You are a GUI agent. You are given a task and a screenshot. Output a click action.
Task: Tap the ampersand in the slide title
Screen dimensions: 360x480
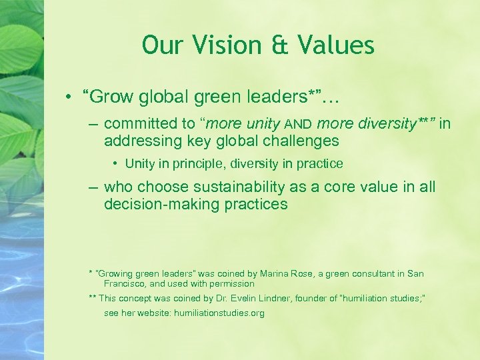(x=280, y=45)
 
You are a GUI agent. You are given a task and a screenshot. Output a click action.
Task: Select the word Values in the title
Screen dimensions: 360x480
(x=336, y=45)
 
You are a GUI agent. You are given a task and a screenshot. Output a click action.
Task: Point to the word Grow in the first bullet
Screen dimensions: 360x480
(x=109, y=97)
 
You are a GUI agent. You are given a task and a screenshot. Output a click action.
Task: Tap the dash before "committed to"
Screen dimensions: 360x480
(x=94, y=124)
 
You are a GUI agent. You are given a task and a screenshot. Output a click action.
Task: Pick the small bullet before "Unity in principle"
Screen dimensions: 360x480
(x=115, y=163)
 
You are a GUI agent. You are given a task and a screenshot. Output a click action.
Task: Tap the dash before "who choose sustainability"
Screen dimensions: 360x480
(x=94, y=187)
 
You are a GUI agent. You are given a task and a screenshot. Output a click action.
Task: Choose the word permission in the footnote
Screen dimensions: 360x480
(x=232, y=283)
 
